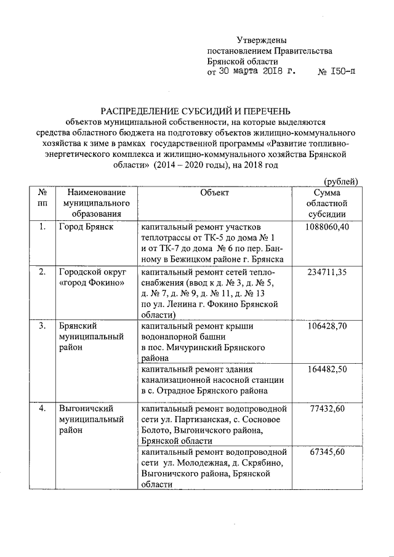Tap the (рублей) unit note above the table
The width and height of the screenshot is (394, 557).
(x=341, y=181)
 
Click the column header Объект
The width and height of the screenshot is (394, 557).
(x=214, y=192)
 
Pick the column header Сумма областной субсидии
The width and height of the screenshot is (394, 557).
(x=327, y=202)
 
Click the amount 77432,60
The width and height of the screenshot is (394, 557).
(x=327, y=409)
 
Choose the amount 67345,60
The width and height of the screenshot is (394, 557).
(x=327, y=452)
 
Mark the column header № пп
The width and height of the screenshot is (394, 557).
(x=42, y=197)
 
